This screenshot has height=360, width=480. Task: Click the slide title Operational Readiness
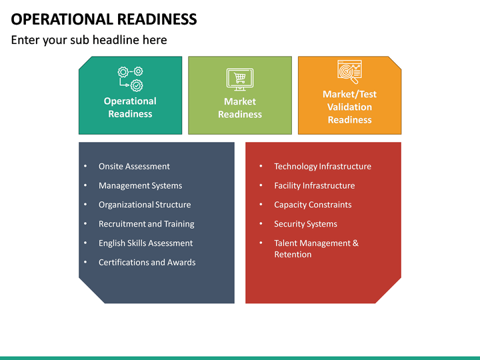[104, 19]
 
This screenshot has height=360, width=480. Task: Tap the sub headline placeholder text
[89, 40]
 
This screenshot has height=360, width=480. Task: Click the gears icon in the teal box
[130, 78]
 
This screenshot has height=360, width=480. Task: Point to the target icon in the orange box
[349, 71]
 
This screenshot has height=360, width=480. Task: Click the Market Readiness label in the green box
[239, 108]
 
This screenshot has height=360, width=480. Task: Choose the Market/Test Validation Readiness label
[349, 107]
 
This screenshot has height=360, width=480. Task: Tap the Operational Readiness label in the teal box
[130, 107]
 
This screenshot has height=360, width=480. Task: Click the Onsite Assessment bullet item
[134, 167]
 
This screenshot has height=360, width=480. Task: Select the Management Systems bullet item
[140, 186]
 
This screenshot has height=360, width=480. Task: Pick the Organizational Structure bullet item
[145, 205]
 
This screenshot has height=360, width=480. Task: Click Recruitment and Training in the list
[147, 224]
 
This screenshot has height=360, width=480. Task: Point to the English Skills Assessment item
[145, 243]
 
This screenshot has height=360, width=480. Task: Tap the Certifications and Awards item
[147, 263]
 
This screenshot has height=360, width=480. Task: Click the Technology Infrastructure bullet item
[322, 167]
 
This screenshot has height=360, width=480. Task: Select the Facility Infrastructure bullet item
[314, 186]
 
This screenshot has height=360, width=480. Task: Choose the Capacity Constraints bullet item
[312, 205]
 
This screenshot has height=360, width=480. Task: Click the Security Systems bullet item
[305, 224]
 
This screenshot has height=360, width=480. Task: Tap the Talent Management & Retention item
[316, 249]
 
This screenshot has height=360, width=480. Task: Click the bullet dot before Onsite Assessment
[85, 167]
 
